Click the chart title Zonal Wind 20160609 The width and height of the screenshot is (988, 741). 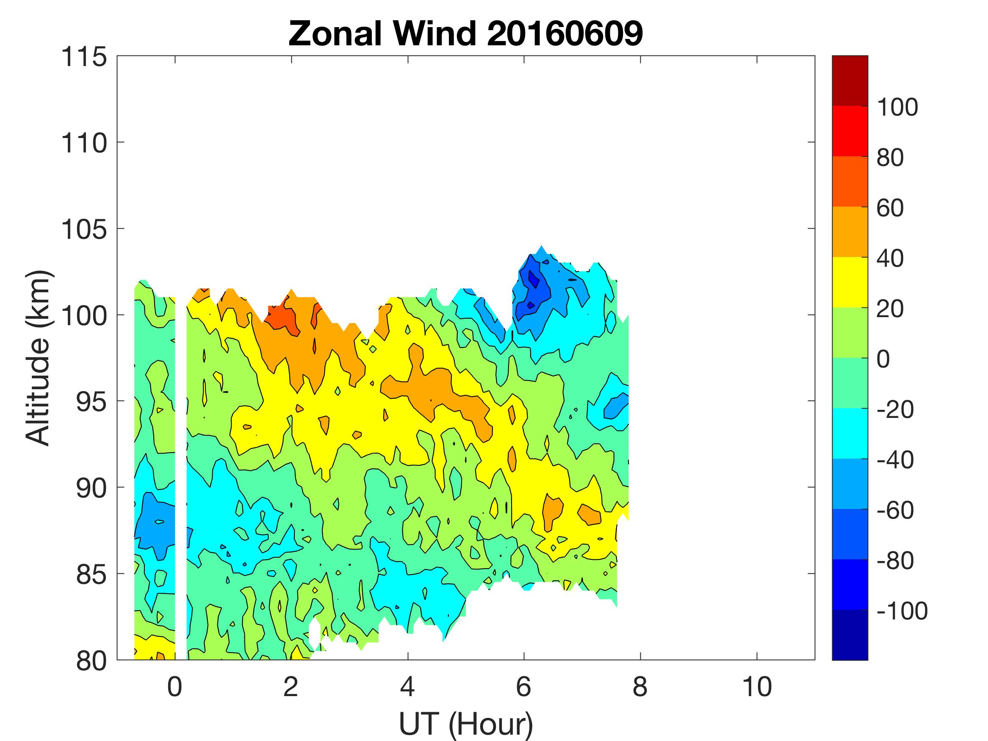465,34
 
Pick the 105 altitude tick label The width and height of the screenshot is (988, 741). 84,230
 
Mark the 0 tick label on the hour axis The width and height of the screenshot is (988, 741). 174,686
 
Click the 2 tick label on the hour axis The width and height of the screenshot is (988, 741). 291,686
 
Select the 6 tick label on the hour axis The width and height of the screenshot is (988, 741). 523,686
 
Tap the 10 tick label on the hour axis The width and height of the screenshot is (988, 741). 757,686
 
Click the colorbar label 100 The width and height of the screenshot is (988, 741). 897,107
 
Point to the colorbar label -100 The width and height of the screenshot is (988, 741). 902,611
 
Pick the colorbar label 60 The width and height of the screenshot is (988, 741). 890,208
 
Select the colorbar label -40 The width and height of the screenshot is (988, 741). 895,459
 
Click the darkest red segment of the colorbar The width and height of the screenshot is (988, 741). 850,80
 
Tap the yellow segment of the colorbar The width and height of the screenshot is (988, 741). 850,282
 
